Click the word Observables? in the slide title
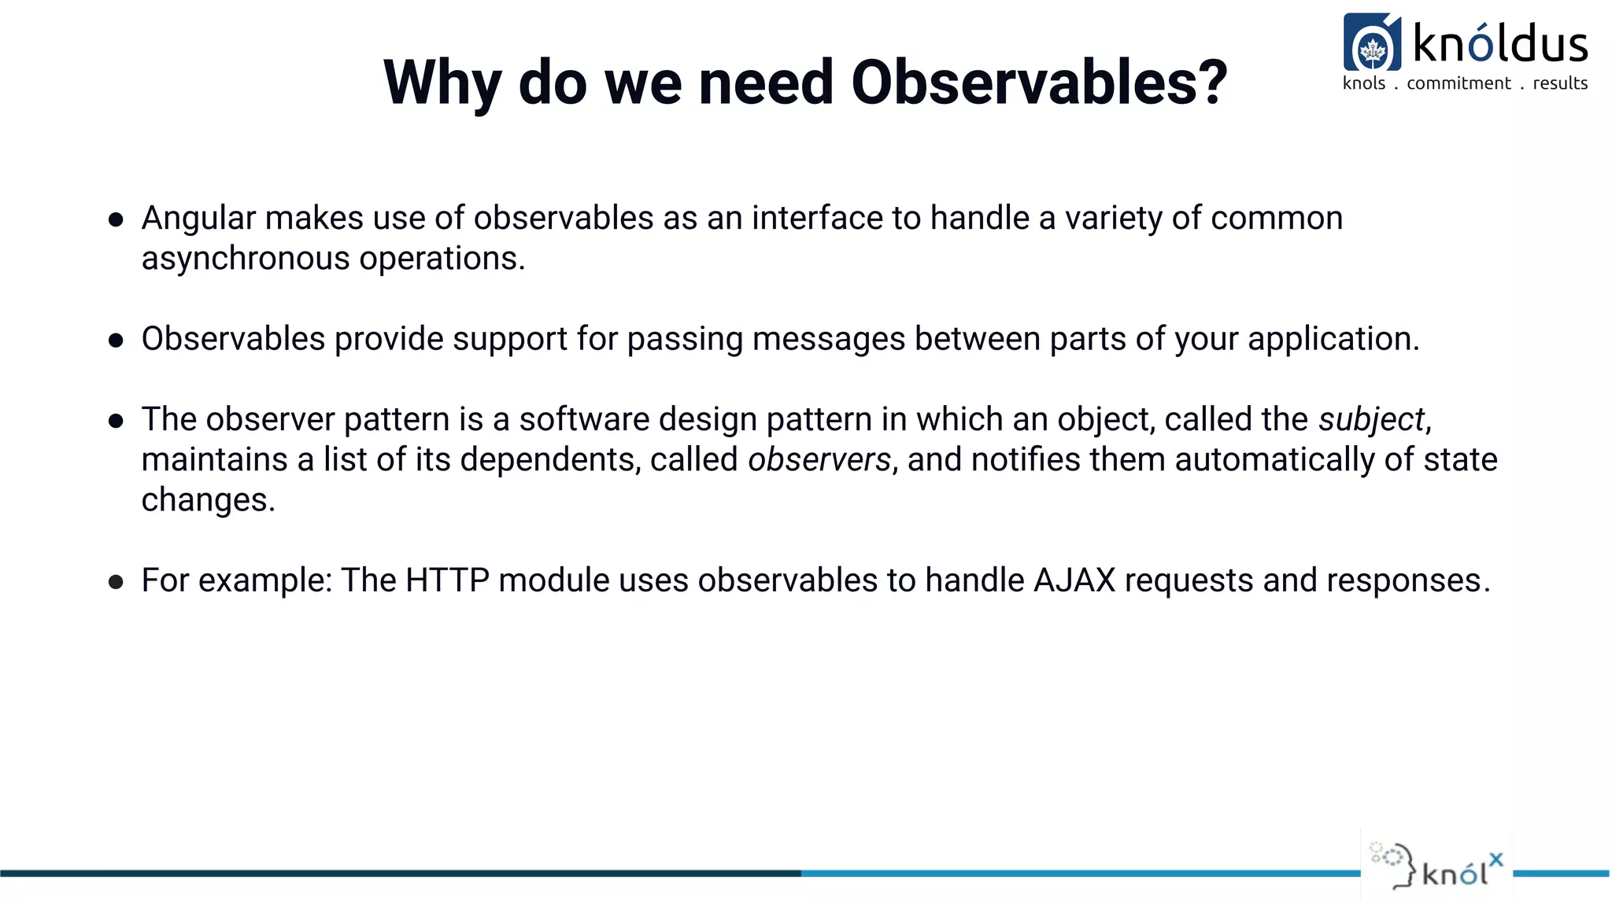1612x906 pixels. (x=1039, y=82)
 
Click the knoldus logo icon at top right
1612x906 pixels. (x=1372, y=42)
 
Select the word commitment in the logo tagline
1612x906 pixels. (x=1459, y=83)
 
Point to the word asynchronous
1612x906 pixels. (x=246, y=260)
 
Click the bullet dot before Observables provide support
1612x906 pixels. (x=116, y=341)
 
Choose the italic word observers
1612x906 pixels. (x=819, y=460)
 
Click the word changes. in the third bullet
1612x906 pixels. (x=209, y=501)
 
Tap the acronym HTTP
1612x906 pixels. (x=448, y=580)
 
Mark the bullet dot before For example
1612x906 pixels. (x=116, y=582)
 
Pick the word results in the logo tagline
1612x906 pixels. (x=1560, y=83)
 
